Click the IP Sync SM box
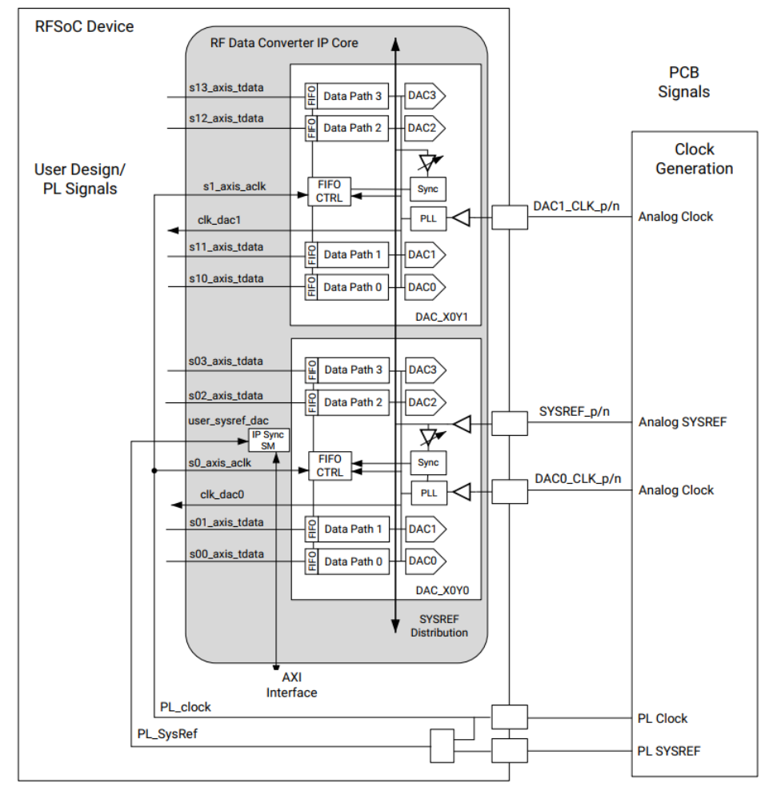[x=268, y=440]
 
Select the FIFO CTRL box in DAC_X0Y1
[x=330, y=190]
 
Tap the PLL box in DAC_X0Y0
[x=429, y=493]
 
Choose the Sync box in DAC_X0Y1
[x=429, y=189]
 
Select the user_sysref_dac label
[x=227, y=419]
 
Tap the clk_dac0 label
[x=222, y=495]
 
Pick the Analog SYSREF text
[x=682, y=422]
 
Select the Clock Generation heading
[x=694, y=159]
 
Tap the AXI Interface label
[x=291, y=685]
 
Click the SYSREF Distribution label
[x=439, y=625]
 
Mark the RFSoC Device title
[x=84, y=27]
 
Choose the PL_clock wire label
[x=186, y=707]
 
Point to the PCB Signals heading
[x=683, y=81]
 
